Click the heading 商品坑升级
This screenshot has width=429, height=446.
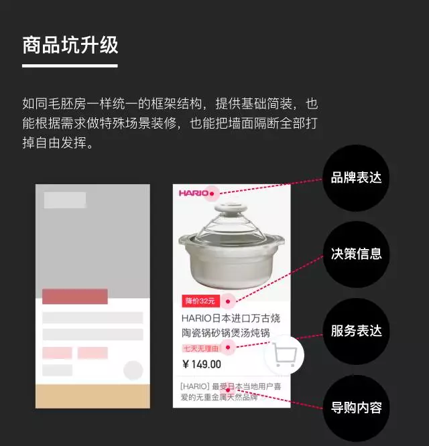tap(70, 45)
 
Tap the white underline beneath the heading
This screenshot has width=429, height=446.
tap(70, 66)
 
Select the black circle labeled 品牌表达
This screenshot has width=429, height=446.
tap(356, 178)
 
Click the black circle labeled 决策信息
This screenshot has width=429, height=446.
tap(356, 254)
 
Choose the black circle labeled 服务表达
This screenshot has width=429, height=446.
tap(356, 331)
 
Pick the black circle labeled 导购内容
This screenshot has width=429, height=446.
tap(356, 406)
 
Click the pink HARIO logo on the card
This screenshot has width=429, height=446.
tap(193, 194)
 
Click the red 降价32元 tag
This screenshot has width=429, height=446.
tap(200, 301)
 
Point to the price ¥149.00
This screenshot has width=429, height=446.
tap(201, 364)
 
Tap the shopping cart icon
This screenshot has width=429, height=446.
tap(285, 355)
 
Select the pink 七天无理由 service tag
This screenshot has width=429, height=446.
tap(200, 348)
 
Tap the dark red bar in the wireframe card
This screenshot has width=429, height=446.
tap(75, 296)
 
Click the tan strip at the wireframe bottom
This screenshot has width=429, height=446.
tap(93, 396)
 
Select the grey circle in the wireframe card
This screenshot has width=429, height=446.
tap(133, 370)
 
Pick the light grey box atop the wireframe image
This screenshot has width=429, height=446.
tap(65, 200)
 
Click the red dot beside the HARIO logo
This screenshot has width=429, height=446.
tap(212, 194)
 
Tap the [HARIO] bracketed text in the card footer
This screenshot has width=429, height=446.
tap(194, 386)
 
